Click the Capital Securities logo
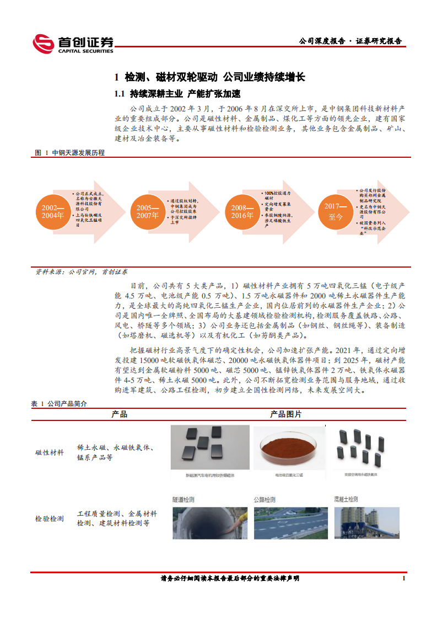tap(73, 44)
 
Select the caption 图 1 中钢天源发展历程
tap(69, 153)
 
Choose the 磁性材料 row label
tap(50, 453)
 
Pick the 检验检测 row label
tap(50, 519)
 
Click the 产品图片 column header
tap(285, 414)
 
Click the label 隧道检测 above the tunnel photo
tap(183, 499)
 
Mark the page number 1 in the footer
tap(404, 578)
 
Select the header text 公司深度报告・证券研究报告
tap(350, 41)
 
